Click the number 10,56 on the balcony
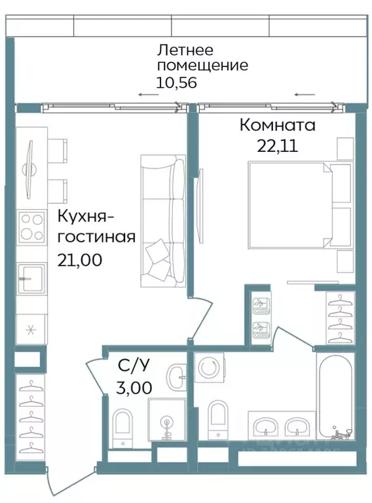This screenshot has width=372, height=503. (x=176, y=83)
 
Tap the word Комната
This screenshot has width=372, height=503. (x=277, y=124)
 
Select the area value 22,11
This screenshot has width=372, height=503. (x=277, y=145)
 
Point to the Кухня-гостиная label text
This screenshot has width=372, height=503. (x=96, y=226)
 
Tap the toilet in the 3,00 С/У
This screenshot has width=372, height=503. (x=122, y=426)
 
